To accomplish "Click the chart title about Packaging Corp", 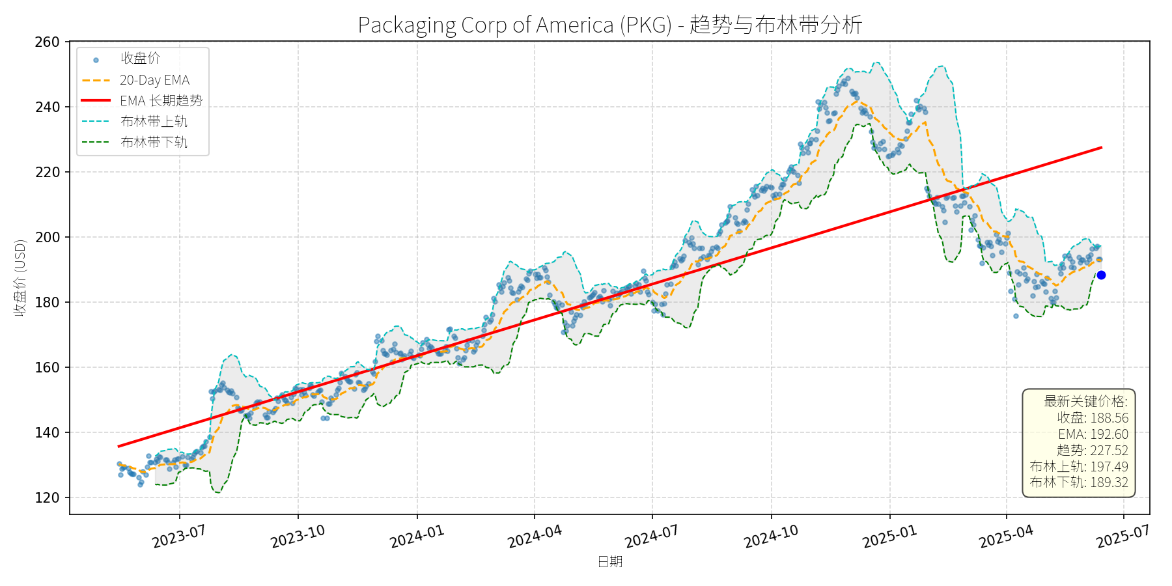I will (x=610, y=25).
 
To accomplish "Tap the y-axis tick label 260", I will (x=47, y=42).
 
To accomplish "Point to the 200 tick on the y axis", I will (x=47, y=238).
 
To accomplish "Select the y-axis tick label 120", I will (x=47, y=498).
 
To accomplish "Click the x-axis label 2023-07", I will (x=179, y=537).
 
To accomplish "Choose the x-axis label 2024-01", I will (x=417, y=537).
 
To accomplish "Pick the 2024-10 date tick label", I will (x=771, y=537).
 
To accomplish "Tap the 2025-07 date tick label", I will (x=1123, y=537).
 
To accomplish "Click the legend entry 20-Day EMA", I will (x=154, y=80).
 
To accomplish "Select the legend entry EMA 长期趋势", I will (x=161, y=101).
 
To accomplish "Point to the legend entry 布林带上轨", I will (x=154, y=122).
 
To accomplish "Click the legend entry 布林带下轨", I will (x=154, y=143).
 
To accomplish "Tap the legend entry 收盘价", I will (x=140, y=59).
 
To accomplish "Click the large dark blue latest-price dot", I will (x=1101, y=275).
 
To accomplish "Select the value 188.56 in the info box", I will (x=1109, y=418).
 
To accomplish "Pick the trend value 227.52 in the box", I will (x=1109, y=451).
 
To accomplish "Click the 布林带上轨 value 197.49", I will (x=1109, y=467).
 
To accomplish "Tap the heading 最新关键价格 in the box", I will (x=1085, y=402).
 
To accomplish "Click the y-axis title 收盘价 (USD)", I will (x=20, y=278).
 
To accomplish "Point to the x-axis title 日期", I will (x=610, y=561).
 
